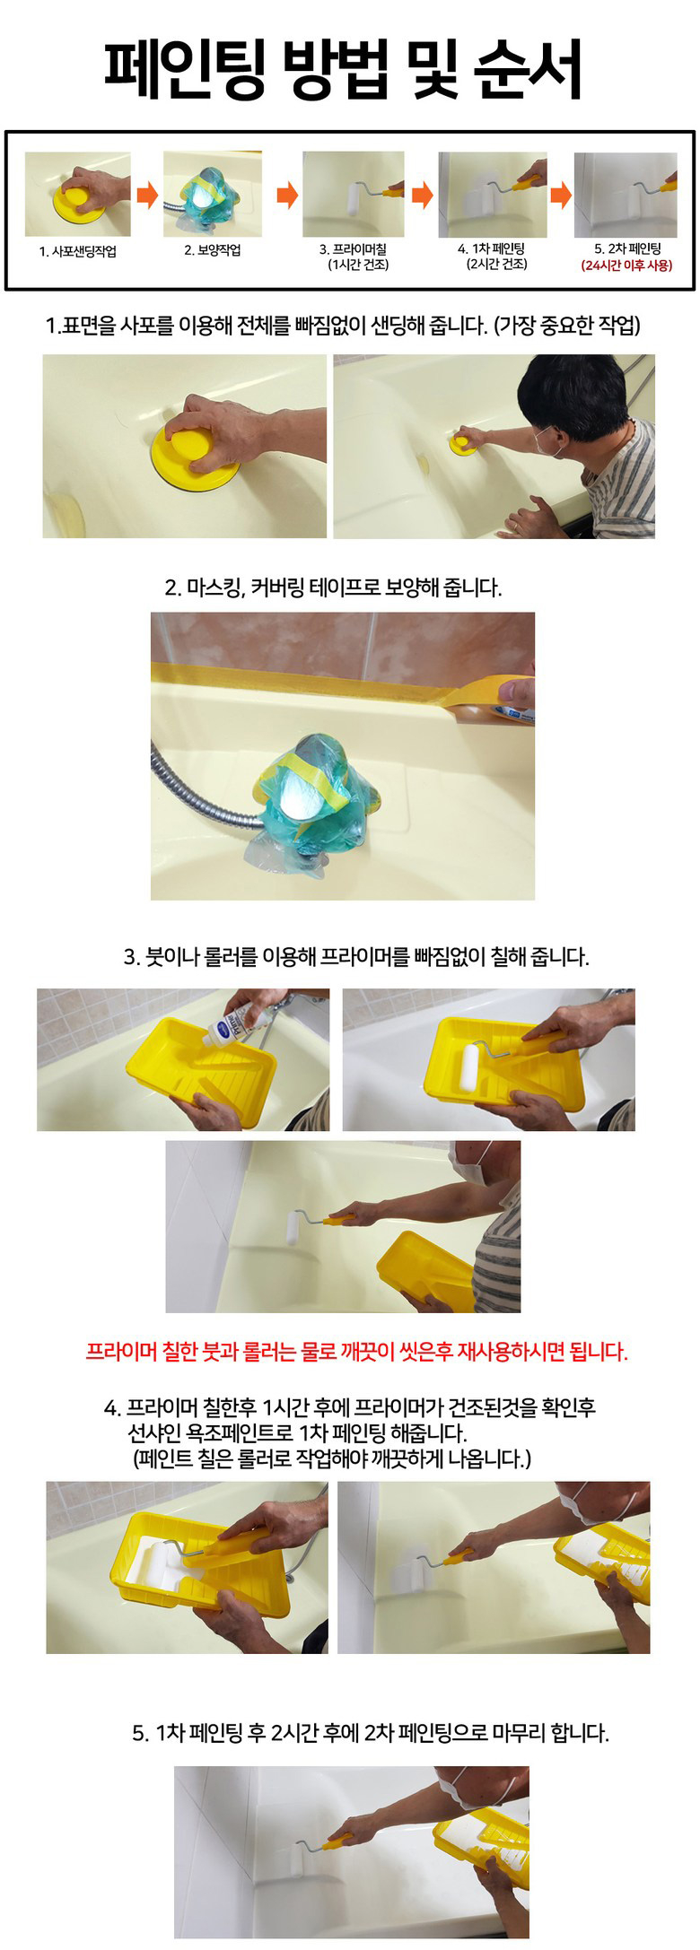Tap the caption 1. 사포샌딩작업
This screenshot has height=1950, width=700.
point(77,251)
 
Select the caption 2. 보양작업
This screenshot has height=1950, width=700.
point(213,250)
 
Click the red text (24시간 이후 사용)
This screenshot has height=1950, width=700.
point(626,265)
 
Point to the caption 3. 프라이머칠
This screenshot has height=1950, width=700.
point(353,249)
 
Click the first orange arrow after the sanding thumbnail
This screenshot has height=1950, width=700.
point(147,195)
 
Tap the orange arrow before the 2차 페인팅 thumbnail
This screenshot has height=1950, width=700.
point(561,195)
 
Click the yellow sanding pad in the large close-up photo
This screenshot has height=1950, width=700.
point(195,455)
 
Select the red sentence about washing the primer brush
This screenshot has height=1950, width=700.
point(356,1351)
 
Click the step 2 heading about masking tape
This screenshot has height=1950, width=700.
point(333,588)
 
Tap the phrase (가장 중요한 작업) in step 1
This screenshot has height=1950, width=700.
point(567,325)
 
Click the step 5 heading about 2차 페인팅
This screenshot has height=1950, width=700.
point(370,1732)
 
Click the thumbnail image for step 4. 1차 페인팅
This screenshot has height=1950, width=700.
point(492,195)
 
